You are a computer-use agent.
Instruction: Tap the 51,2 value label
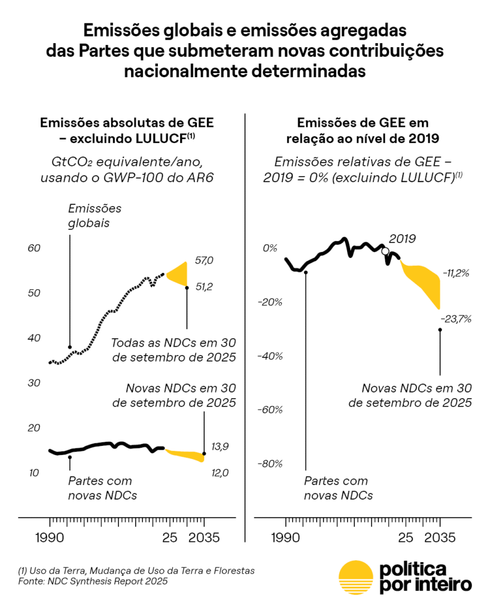[x=204, y=287]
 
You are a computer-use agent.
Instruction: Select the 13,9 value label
[x=220, y=447]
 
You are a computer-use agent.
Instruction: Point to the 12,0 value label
[x=220, y=473]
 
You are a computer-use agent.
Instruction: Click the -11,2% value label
[x=456, y=273]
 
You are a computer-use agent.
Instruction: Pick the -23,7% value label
[x=456, y=318]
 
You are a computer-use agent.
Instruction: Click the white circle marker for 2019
[x=385, y=251]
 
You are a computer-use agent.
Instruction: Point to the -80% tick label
[x=270, y=464]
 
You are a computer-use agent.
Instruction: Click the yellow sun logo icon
[x=355, y=578]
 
